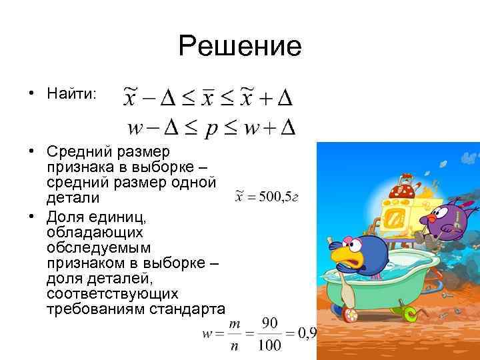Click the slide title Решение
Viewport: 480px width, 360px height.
(x=240, y=46)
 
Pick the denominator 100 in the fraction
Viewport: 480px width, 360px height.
(x=269, y=345)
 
